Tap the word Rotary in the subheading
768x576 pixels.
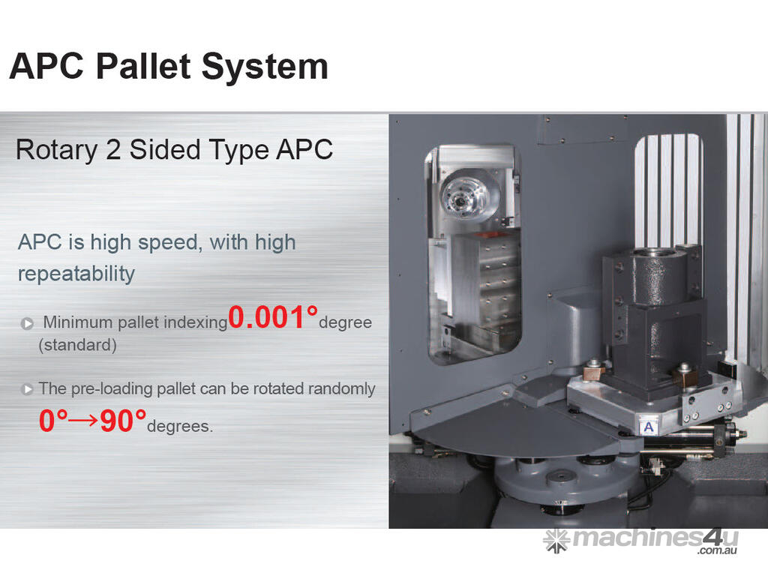[57, 150]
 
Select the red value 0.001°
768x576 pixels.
[273, 317]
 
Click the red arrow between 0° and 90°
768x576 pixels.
[83, 421]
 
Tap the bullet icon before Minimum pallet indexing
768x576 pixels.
[28, 324]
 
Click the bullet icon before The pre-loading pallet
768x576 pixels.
[27, 389]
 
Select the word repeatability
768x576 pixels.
[76, 274]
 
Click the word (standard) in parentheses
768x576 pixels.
[77, 345]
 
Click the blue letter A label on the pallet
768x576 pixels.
[649, 427]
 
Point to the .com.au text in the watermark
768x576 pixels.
[717, 551]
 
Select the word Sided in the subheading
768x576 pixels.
[165, 149]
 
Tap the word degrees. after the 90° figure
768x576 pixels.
[180, 426]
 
